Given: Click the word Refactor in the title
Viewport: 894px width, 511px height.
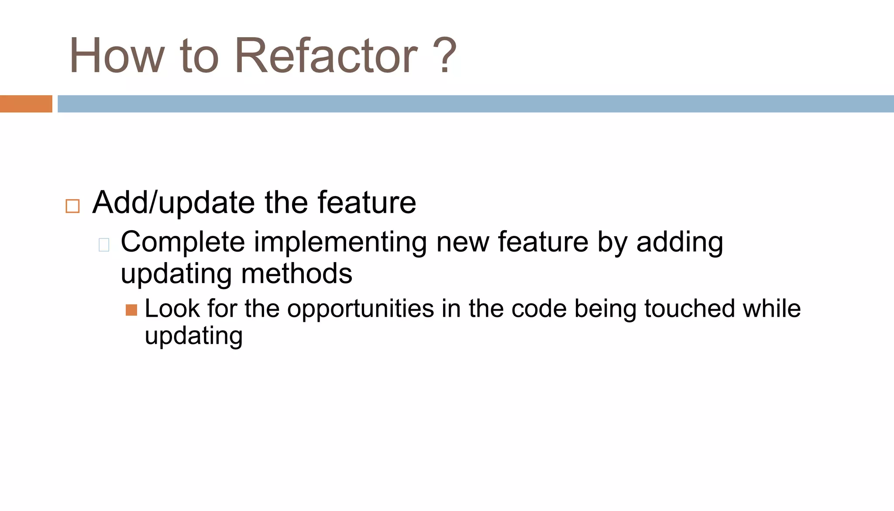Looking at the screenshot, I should click(x=326, y=56).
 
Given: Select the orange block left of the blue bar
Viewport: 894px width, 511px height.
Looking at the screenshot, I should click(x=26, y=104).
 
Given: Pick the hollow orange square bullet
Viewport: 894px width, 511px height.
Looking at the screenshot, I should click(x=72, y=206).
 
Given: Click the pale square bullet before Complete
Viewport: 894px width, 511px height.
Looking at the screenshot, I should click(x=104, y=245).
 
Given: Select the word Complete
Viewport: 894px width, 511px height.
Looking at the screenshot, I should click(x=182, y=242).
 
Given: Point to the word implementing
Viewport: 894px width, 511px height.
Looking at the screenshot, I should click(x=340, y=243).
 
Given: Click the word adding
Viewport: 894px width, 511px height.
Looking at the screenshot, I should click(x=679, y=243).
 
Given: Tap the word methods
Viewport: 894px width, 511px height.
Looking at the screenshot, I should click(x=296, y=274).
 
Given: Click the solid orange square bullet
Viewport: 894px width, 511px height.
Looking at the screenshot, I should click(x=131, y=310).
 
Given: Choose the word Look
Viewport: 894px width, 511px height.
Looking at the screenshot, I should click(x=172, y=308).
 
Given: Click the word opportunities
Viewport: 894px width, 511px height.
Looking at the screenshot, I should click(x=360, y=309).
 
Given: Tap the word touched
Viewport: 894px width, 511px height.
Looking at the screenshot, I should click(x=689, y=308).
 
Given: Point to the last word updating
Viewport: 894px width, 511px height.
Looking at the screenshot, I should click(x=193, y=336).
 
